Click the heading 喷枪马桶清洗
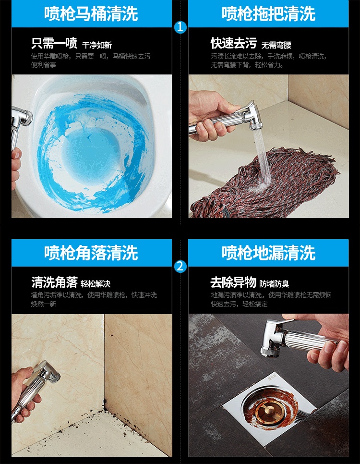pos(91,13)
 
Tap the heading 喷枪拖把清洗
pos(269,13)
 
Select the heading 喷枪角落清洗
pos(91,253)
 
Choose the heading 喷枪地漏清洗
pos(269,253)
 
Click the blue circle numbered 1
pos(180,27)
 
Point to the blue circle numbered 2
pos(180,266)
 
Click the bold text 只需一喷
pos(54,43)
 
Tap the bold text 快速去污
pos(234,43)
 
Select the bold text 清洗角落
pos(54,282)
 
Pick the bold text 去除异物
pos(233,282)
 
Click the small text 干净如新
pos(97,45)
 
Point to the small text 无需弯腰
pos(276,45)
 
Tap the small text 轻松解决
pos(96,284)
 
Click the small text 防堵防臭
pos(274,284)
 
